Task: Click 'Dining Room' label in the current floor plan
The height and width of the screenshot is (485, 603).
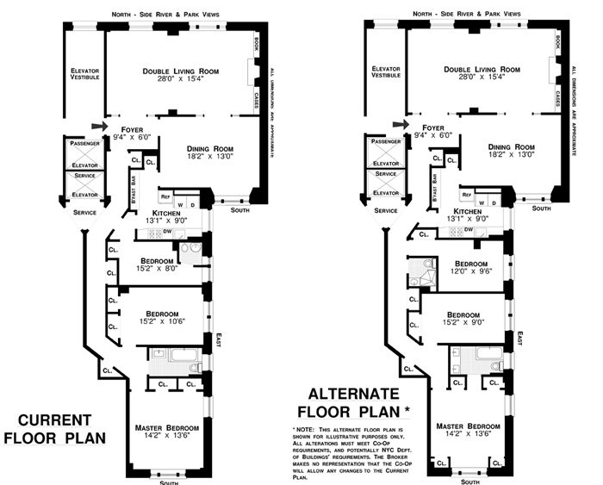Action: [x=210, y=147]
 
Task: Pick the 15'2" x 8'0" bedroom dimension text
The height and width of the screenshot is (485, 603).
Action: [x=168, y=269]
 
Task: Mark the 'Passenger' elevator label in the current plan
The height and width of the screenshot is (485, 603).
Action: [x=85, y=141]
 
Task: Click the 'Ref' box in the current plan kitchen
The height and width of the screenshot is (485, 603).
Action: [x=166, y=197]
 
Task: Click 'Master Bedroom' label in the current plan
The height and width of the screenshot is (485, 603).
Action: [x=168, y=428]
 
